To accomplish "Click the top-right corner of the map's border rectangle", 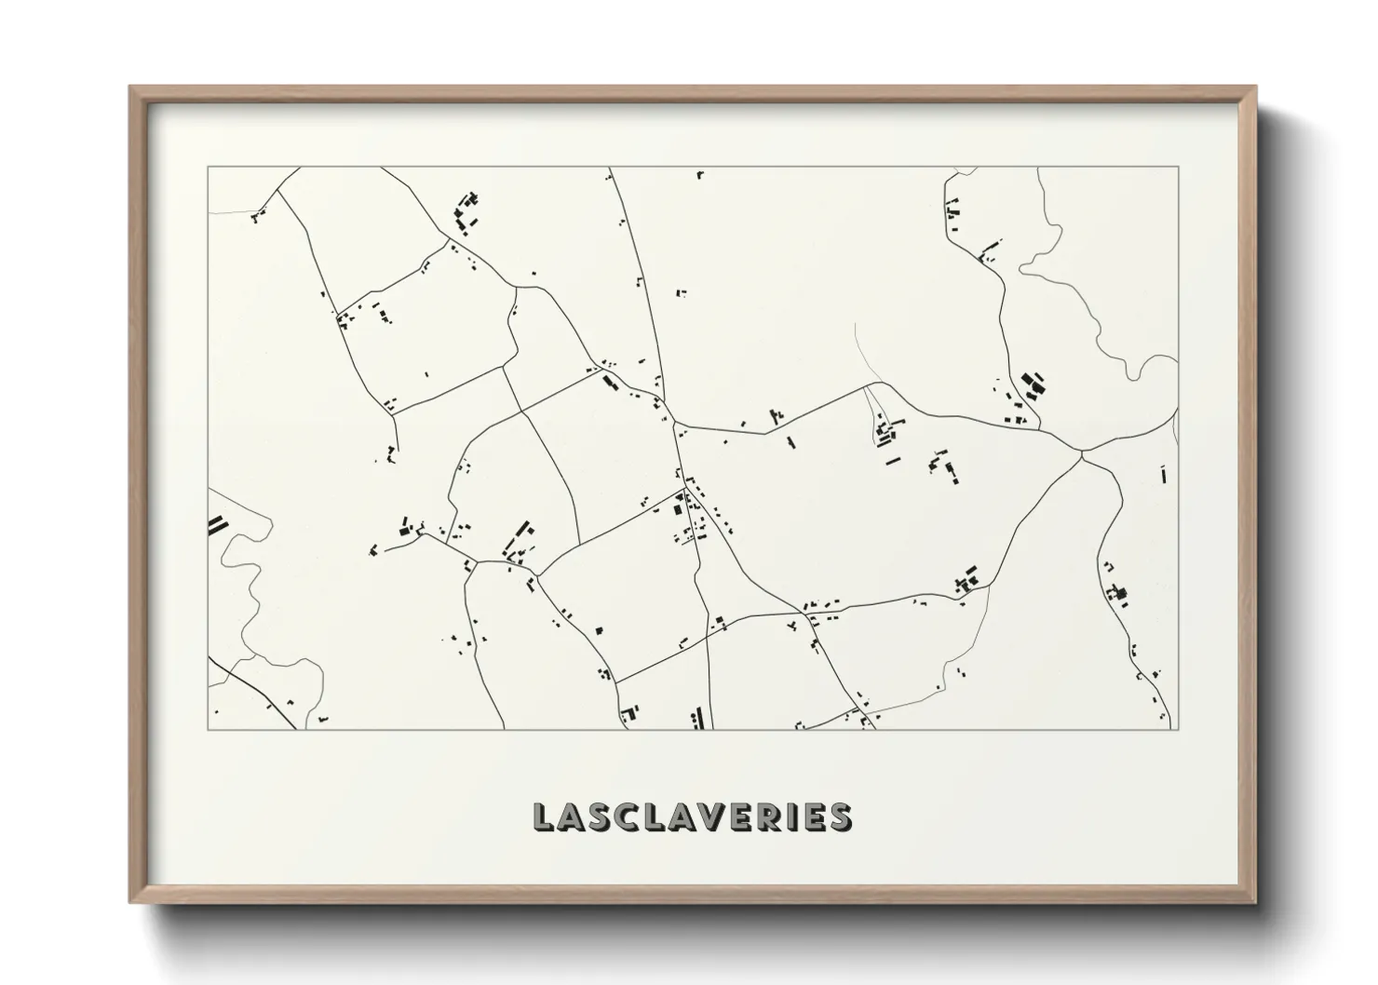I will (x=1179, y=167).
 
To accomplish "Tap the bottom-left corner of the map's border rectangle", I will (x=208, y=729).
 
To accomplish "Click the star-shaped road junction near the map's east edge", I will (x=1082, y=453).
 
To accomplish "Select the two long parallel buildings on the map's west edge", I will (x=217, y=525).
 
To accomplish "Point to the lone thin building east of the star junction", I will (x=1163, y=474).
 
